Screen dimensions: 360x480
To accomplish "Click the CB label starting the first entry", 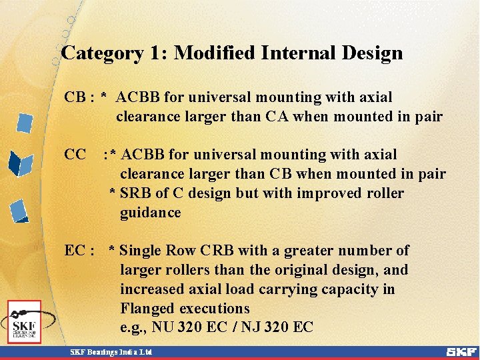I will [x=74, y=97].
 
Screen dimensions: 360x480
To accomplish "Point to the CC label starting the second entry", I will [x=75, y=155].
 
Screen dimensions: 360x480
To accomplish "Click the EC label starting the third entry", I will [x=74, y=251].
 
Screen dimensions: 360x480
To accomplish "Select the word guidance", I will [x=150, y=213].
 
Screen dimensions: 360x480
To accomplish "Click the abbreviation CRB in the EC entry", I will [x=216, y=251].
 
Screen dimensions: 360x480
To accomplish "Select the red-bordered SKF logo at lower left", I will [x=25, y=321].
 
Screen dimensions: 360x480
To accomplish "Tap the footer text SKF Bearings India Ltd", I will [x=112, y=351].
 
